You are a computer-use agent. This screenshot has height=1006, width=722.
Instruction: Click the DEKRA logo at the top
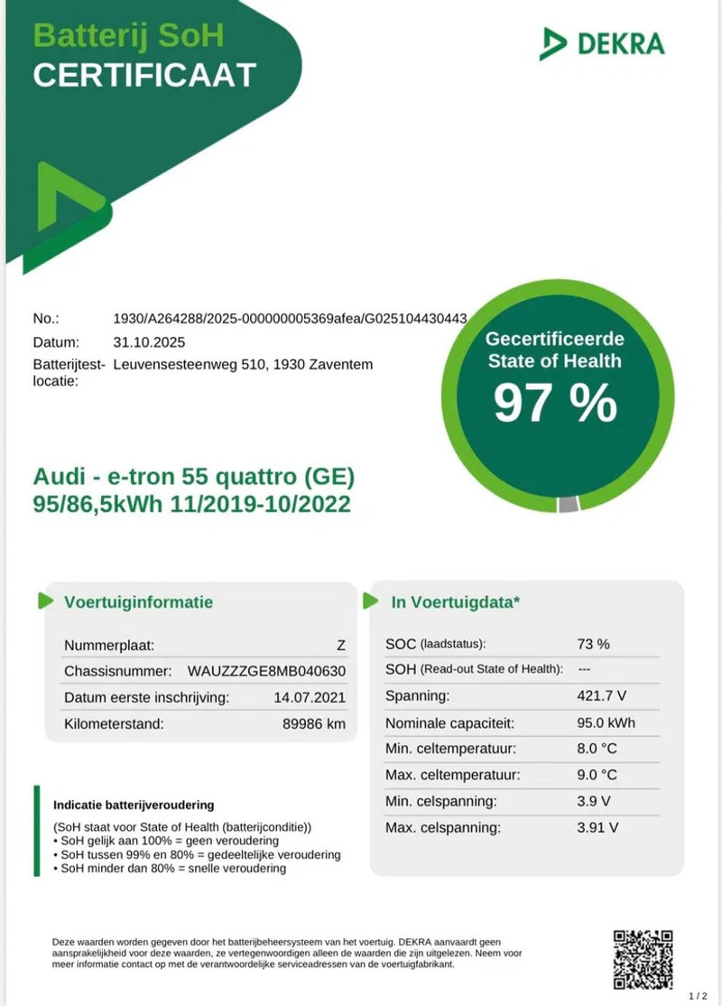(602, 42)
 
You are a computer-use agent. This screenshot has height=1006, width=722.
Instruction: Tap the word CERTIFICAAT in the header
(145, 75)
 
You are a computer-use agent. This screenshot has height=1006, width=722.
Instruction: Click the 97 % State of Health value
(555, 403)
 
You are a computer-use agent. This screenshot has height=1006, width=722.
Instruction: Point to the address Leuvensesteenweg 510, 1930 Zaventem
(243, 365)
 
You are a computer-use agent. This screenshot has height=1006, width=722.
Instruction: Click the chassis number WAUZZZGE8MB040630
(266, 672)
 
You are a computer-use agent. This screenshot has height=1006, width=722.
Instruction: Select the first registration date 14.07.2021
(310, 697)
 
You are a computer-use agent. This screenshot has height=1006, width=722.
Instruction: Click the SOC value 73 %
(593, 644)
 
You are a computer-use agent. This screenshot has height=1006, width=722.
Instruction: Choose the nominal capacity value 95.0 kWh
(606, 722)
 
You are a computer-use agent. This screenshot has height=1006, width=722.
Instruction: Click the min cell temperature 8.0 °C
(597, 749)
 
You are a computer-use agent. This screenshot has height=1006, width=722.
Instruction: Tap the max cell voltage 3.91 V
(597, 827)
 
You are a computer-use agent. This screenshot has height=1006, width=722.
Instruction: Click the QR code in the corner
(643, 958)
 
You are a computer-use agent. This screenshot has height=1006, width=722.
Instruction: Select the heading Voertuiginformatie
(138, 601)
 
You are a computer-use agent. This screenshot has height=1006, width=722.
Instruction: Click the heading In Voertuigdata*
(455, 601)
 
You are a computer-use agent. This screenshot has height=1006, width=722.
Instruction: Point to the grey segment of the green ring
(567, 505)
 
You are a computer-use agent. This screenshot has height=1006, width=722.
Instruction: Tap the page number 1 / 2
(698, 996)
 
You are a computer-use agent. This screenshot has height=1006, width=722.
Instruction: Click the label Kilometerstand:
(114, 723)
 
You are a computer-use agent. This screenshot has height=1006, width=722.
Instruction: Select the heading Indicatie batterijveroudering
(134, 805)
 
